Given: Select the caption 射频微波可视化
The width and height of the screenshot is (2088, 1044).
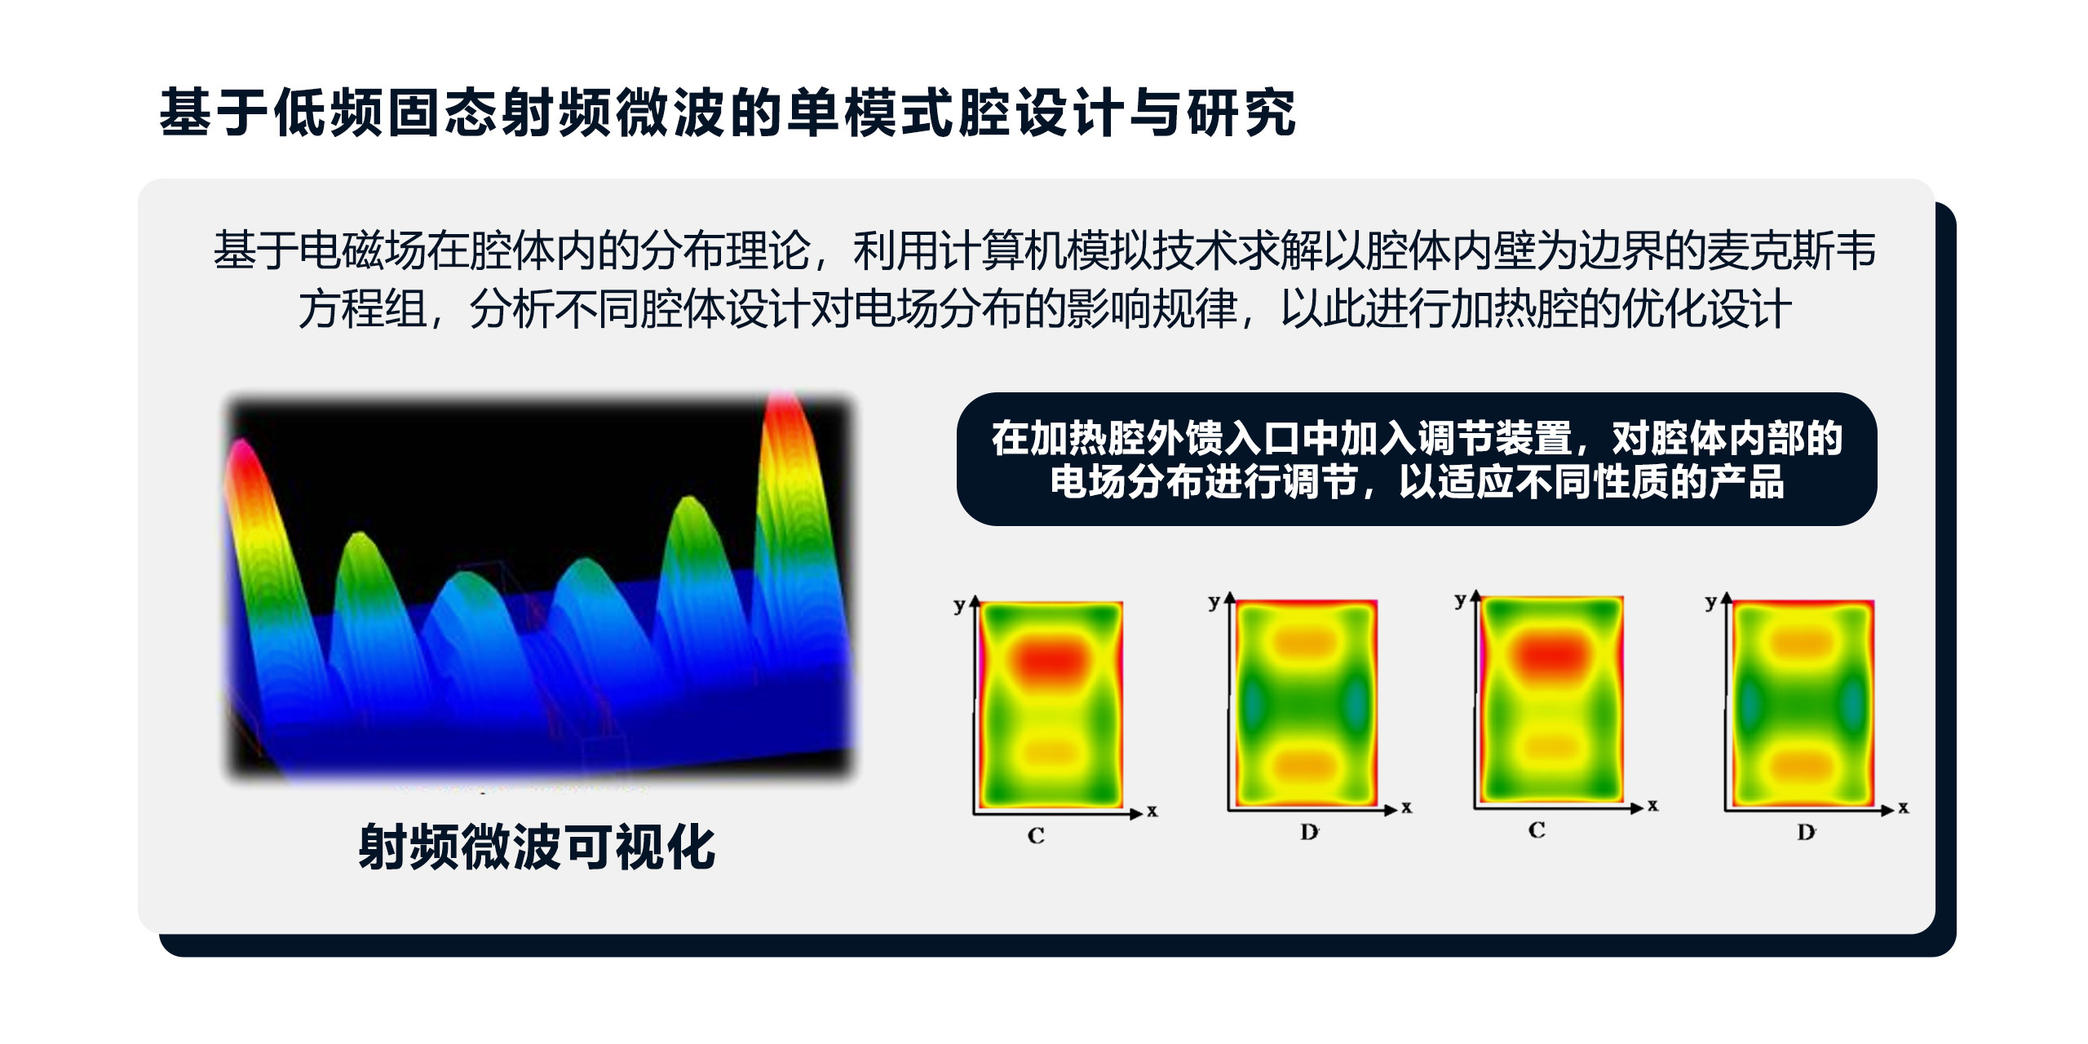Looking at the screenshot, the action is point(537,847).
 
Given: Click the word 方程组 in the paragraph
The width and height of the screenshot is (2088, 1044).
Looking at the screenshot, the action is point(363,309).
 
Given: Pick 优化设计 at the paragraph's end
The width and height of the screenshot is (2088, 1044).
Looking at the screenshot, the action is point(1707,309).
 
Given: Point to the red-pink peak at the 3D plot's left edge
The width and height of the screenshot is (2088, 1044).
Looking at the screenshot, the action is point(241,457).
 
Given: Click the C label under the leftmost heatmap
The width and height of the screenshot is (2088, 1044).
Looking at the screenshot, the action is point(1036,835).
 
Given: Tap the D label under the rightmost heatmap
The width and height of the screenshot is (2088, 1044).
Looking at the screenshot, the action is point(1806,833).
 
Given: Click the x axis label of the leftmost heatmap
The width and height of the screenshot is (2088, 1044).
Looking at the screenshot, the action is point(1152,811).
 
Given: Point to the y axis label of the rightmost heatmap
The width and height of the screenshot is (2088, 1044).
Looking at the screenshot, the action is point(1711,604).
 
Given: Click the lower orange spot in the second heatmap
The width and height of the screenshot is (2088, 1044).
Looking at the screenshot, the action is point(1305,765).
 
